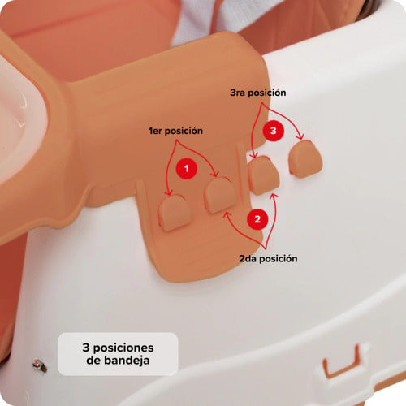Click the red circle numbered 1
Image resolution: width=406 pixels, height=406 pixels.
(x=186, y=169)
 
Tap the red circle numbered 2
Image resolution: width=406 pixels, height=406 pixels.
(x=257, y=219)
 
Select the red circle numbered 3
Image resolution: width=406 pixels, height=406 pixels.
(x=274, y=131)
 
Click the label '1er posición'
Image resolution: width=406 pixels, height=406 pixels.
(x=175, y=131)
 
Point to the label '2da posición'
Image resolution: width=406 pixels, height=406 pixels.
(x=268, y=258)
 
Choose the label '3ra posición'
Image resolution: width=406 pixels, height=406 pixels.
(x=258, y=93)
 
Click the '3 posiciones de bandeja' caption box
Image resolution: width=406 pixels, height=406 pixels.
(x=118, y=354)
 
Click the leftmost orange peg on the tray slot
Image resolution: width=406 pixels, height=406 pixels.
(x=175, y=213)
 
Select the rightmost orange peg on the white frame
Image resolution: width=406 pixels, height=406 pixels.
(x=305, y=158)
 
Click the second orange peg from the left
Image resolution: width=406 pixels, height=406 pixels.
(x=220, y=195)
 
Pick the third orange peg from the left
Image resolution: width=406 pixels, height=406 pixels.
(x=263, y=175)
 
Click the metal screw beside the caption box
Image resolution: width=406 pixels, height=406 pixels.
(x=40, y=365)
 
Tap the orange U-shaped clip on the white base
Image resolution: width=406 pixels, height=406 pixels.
(x=342, y=361)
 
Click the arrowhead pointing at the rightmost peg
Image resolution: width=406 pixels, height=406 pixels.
(x=300, y=137)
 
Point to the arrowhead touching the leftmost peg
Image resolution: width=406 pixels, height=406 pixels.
(x=169, y=192)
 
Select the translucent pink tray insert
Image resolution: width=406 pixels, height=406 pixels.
(x=19, y=119)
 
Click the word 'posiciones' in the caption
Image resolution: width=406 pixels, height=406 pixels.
(x=123, y=348)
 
